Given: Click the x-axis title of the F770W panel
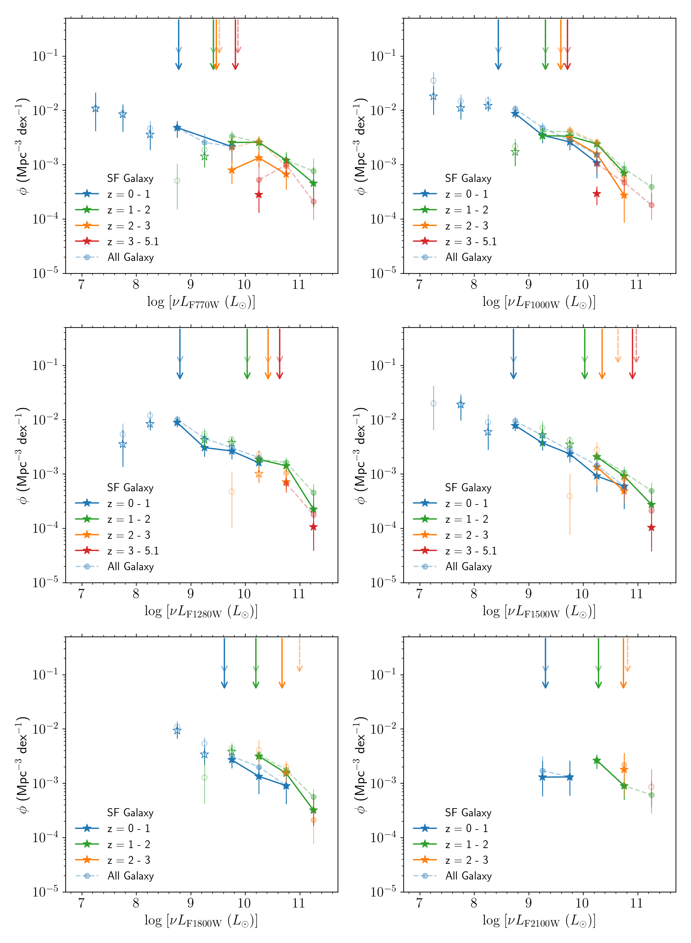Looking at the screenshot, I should (x=201, y=302).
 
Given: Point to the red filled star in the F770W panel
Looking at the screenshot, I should (x=259, y=195).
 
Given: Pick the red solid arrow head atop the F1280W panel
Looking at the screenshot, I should (x=280, y=375).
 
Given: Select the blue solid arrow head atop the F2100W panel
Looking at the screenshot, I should (x=546, y=684).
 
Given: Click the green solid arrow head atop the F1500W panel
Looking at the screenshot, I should (x=585, y=375).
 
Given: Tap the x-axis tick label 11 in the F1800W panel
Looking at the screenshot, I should (x=299, y=903).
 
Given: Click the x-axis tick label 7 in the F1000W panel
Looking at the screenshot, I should (x=419, y=284).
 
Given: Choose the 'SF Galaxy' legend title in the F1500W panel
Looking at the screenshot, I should (x=468, y=488).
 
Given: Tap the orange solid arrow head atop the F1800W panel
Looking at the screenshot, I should (x=282, y=684).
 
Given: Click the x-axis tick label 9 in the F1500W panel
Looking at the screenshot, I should (x=528, y=593).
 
